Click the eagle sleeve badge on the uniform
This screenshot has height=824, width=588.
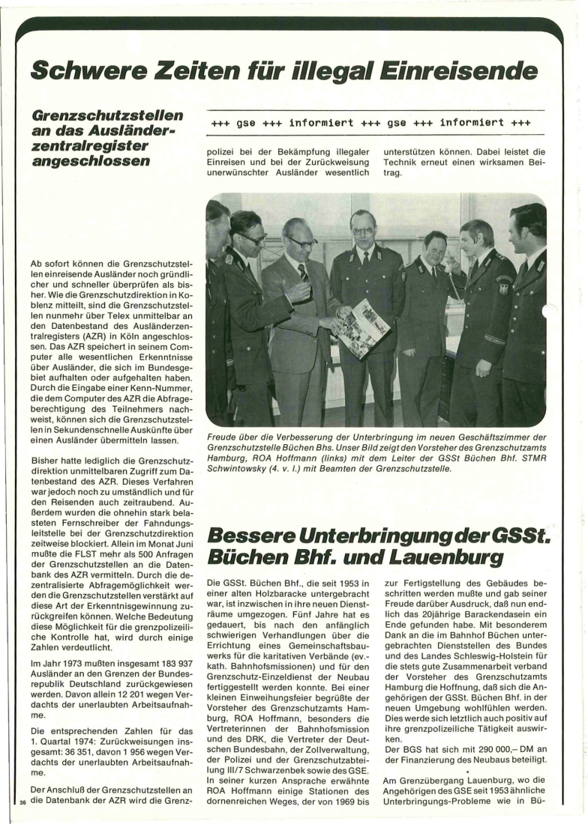coord(502,287)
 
